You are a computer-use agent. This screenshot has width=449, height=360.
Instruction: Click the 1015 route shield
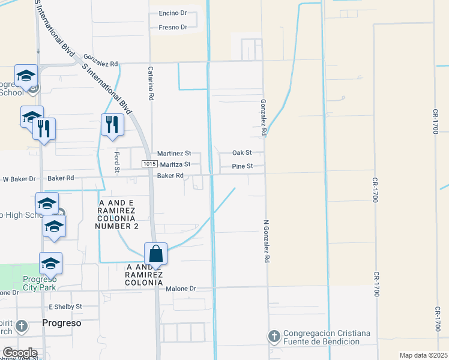pos(150,164)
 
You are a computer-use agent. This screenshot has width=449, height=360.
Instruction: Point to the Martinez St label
pos(174,154)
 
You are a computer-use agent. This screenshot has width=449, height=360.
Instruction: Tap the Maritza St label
pos(175,164)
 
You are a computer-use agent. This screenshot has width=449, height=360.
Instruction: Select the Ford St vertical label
pos(118,161)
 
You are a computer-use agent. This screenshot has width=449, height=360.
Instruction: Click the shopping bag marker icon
pos(155,254)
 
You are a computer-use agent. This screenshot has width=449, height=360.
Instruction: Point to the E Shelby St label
pos(65,307)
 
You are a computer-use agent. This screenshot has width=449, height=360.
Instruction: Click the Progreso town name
pos(61,323)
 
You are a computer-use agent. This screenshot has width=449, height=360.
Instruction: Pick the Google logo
pos(19,353)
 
